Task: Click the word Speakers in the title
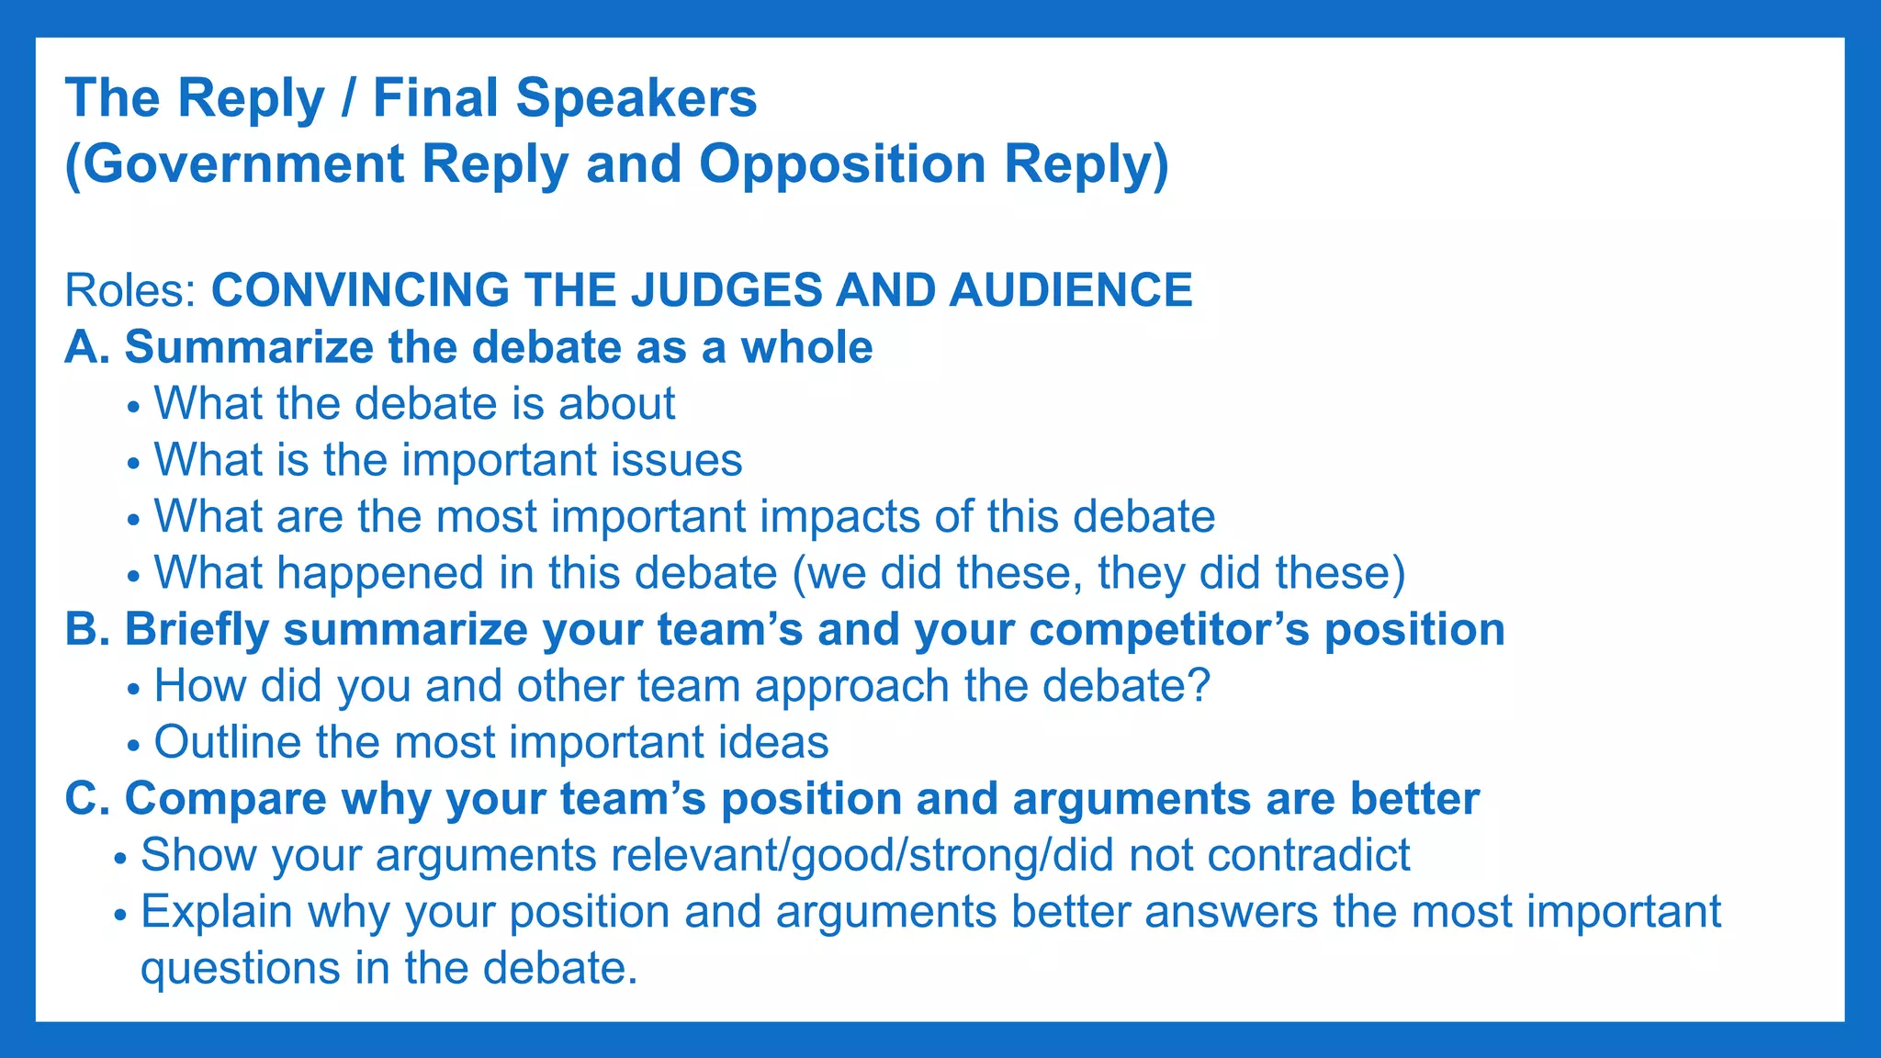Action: [x=636, y=98]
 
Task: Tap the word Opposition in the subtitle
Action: [x=842, y=164]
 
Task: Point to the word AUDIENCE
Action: [x=1070, y=291]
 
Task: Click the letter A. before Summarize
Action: [x=87, y=348]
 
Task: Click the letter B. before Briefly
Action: [x=88, y=630]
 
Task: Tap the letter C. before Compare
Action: [x=88, y=799]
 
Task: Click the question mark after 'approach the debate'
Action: [x=1199, y=686]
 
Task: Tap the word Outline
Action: [x=227, y=742]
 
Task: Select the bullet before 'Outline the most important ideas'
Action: [x=134, y=745]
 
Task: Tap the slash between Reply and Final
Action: [x=348, y=98]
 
